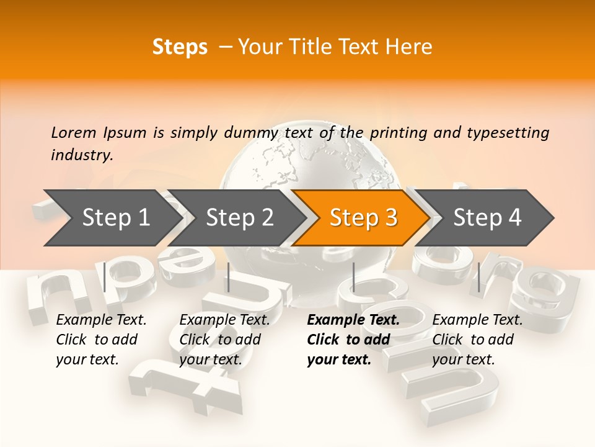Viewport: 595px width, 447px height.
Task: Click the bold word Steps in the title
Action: coord(180,47)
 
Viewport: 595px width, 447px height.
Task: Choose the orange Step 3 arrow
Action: coord(363,218)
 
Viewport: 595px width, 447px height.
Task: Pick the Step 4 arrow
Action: coord(487,218)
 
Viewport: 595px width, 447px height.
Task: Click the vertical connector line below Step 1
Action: coord(105,277)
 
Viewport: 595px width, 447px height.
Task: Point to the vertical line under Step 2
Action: coord(229,277)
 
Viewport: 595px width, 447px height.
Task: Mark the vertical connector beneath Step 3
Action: coord(354,277)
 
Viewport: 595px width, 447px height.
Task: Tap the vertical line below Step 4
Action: coord(478,277)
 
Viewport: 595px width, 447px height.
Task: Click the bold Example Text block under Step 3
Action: coord(353,340)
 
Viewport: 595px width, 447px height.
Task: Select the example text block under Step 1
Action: coord(101,340)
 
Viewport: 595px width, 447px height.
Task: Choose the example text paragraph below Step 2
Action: coord(224,340)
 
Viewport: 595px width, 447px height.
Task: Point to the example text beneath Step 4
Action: coord(477,340)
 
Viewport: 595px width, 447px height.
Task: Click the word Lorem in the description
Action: coord(74,133)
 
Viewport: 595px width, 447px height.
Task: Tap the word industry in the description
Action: coord(82,155)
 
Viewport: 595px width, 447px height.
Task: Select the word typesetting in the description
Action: coord(508,133)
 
